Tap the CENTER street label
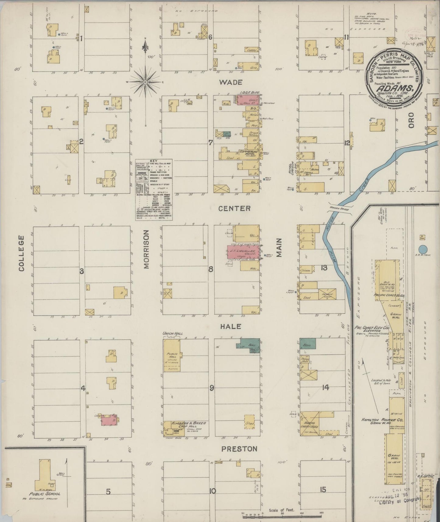pyautogui.click(x=235, y=208)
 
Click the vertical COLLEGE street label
pyautogui.click(x=21, y=253)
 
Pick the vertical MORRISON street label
pyautogui.click(x=146, y=249)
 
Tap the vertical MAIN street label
pyautogui.click(x=279, y=248)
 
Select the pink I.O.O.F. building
pyautogui.click(x=248, y=99)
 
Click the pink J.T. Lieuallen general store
pyautogui.click(x=244, y=252)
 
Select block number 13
pyautogui.click(x=324, y=268)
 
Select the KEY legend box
pyautogui.click(x=154, y=189)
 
